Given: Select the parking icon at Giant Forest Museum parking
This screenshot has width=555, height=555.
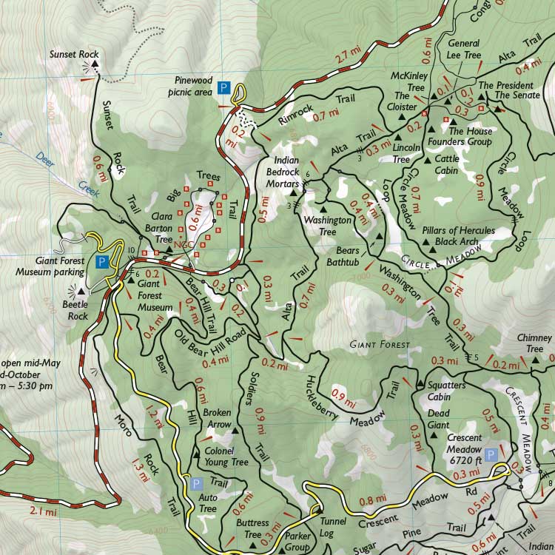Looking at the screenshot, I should tap(103, 261).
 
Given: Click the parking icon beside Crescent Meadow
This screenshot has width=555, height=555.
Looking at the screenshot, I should tap(491, 454).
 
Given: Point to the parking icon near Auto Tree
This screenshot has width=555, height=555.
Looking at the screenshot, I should tap(196, 484).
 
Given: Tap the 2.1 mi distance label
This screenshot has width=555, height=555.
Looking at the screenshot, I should tap(42, 511).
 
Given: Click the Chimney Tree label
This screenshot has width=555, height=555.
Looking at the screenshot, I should tap(534, 343).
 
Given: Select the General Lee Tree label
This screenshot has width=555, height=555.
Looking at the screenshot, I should tap(464, 50).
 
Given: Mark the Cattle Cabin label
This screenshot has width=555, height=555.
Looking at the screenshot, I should tap(447, 164).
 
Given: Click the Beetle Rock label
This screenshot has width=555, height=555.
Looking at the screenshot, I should tap(74, 311).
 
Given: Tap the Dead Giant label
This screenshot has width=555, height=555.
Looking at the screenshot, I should tap(439, 420).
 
